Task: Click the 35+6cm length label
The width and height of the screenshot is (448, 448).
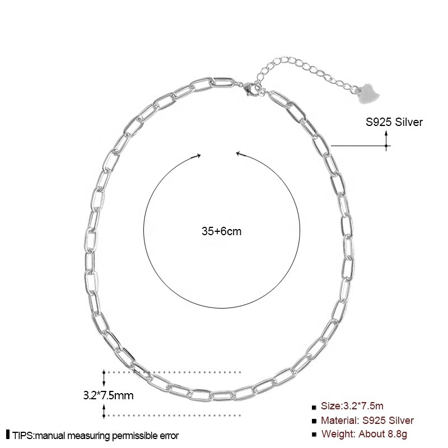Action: (x=221, y=231)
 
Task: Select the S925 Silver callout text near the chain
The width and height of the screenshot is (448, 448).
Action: (x=394, y=122)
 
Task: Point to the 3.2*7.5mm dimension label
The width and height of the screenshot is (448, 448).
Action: (x=108, y=395)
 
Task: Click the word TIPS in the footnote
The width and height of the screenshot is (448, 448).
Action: (x=23, y=436)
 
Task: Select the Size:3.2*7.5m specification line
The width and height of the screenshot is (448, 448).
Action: (x=352, y=405)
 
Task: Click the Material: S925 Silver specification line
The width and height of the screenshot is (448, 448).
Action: (x=367, y=421)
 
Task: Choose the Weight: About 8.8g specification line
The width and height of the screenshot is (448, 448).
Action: (x=364, y=433)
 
